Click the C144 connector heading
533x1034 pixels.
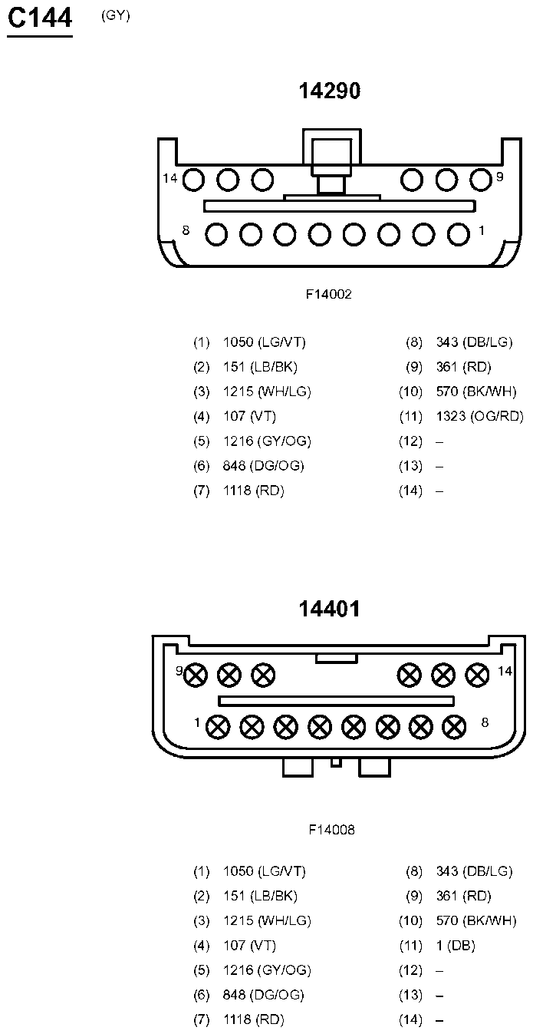pos(40,19)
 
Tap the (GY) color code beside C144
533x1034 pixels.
pos(116,15)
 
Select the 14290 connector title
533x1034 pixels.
pos(330,91)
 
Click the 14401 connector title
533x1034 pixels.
pos(329,609)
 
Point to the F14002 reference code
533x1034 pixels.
pos(329,294)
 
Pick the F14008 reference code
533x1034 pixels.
pos(331,830)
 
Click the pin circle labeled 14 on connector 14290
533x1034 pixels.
pos(193,180)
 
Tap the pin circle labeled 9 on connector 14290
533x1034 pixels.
pos(481,180)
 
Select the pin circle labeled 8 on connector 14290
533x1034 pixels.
pos(216,234)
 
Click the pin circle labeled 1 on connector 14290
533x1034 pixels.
pos(459,234)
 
